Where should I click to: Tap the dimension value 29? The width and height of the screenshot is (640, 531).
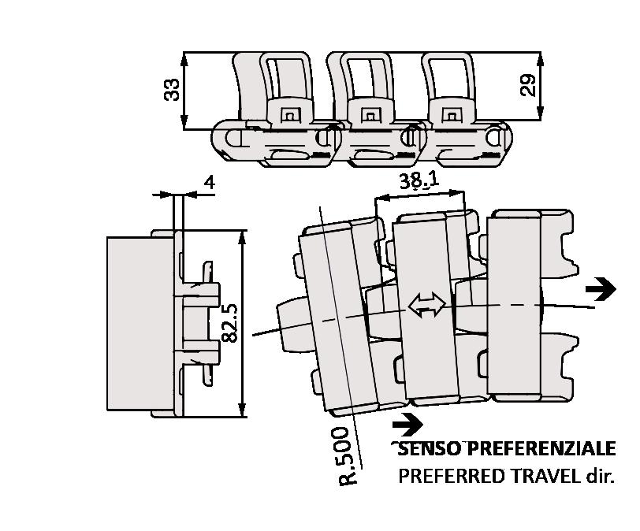tap(529, 84)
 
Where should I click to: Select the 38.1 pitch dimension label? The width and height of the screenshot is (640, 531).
tap(419, 182)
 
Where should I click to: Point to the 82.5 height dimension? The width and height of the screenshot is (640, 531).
tap(229, 323)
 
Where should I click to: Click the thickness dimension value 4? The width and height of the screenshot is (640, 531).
tap(209, 182)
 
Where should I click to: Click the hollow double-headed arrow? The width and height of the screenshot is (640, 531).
tap(426, 306)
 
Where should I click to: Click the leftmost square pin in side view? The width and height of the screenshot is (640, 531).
tap(289, 115)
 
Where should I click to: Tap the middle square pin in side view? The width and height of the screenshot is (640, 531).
tap(367, 115)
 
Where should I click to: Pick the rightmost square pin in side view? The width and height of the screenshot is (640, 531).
tap(450, 115)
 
